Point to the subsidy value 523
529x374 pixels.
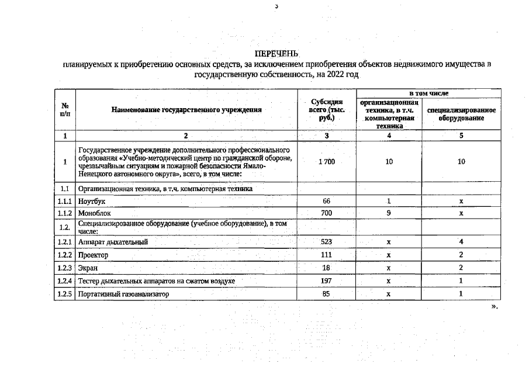point(327,242)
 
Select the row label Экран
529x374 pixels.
point(88,268)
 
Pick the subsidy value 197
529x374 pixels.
point(327,281)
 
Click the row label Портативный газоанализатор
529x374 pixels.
point(123,294)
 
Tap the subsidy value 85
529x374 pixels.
point(327,294)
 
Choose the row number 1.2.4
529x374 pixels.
point(64,281)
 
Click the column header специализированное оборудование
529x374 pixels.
point(461,114)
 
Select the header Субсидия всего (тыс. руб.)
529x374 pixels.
point(326,110)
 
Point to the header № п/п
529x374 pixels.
point(64,109)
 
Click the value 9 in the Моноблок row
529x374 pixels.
point(389,213)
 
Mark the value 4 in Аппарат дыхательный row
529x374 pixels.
point(461,242)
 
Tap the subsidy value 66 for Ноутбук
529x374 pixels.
point(327,201)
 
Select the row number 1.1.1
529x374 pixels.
point(64,201)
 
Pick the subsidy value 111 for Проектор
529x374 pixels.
point(327,255)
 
